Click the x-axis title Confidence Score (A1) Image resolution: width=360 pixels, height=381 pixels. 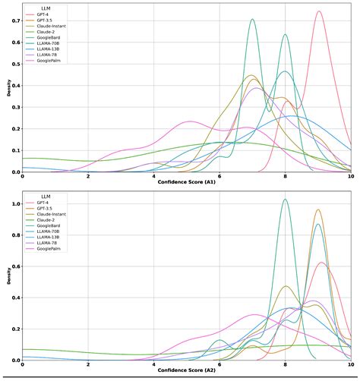coord(187,183)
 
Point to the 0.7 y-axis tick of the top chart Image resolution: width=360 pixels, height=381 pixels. coord(14,20)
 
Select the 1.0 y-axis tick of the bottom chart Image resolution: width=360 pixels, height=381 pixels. coord(14,200)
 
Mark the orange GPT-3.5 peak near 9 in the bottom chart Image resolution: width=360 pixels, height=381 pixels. coord(317,210)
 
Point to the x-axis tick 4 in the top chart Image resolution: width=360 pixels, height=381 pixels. coord(154,176)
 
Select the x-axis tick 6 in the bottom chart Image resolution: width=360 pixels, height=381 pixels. coord(219,364)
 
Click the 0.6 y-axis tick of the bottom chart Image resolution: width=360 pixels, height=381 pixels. coord(14,264)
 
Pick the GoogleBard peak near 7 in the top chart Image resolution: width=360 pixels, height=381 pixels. coord(252,20)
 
